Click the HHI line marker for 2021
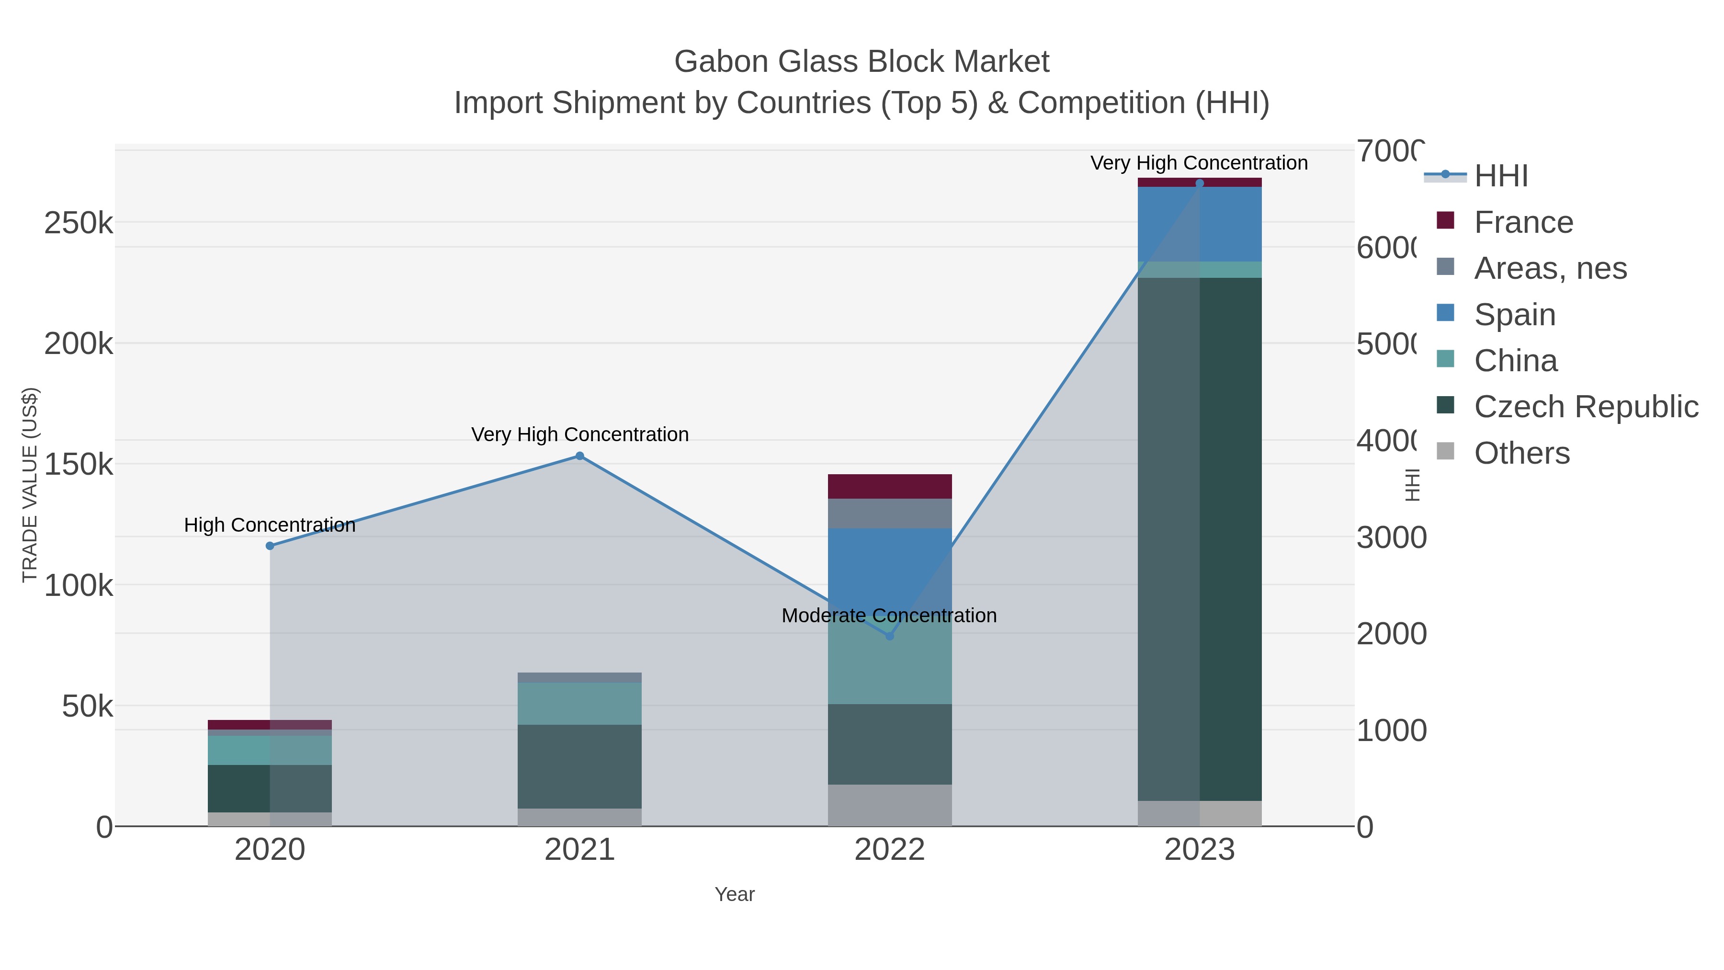pos(579,456)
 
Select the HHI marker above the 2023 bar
pos(1199,183)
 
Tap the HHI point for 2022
pos(889,636)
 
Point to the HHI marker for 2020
pos(270,546)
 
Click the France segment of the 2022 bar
pos(889,486)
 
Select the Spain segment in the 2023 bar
pos(1199,224)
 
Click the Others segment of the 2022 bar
pos(889,805)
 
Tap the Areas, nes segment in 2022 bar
pos(889,514)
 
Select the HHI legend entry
pos(1500,175)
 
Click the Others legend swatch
pos(1446,452)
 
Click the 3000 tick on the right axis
pos(1391,537)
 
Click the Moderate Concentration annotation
pos(889,615)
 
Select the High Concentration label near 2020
pos(270,525)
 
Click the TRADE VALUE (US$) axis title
pos(30,485)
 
